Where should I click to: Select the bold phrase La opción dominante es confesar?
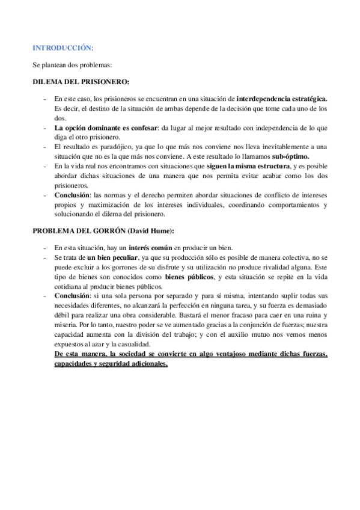[106, 128]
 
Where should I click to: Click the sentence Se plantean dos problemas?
[72, 64]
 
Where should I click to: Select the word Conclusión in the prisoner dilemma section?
[73, 195]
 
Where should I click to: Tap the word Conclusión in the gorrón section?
[73, 296]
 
